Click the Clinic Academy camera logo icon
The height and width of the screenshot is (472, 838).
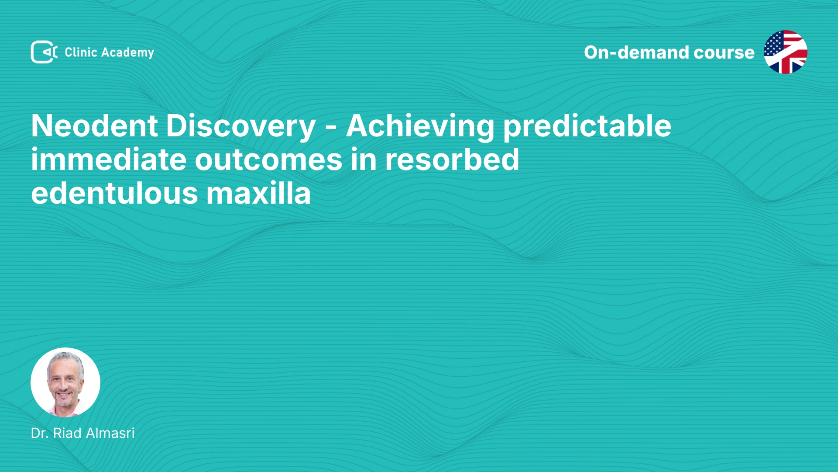(44, 52)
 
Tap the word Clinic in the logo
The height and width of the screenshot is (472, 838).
(81, 52)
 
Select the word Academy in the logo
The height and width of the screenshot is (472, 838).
(127, 53)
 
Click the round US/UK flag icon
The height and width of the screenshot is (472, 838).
(786, 52)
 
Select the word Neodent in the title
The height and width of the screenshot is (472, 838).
(94, 126)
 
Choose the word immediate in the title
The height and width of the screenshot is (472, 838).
(109, 160)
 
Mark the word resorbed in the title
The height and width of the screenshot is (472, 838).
(452, 160)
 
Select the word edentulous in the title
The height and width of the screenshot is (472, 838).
(115, 193)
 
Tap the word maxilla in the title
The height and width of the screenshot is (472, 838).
(258, 193)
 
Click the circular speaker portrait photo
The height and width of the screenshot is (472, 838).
(65, 382)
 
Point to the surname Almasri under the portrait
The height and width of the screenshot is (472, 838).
(110, 433)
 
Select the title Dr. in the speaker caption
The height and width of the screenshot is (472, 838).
(40, 433)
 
